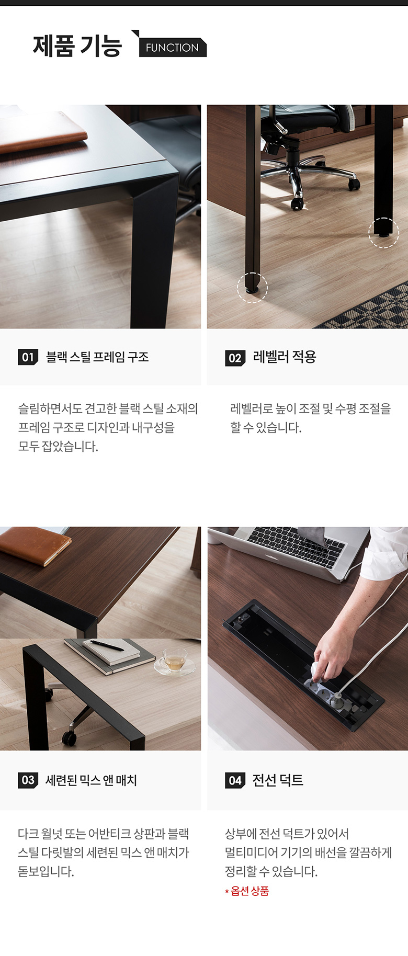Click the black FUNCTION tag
pos(173,47)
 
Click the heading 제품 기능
pos(77,46)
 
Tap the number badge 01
pos(28,357)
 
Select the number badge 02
pos(235,358)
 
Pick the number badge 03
pos(28,780)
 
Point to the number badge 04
pos(235,780)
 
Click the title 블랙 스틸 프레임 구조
pos(97,357)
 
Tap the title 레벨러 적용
pos(285,357)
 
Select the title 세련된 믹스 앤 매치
pos(91,780)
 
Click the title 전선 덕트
pos(278,780)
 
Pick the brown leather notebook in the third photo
pos(34,545)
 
